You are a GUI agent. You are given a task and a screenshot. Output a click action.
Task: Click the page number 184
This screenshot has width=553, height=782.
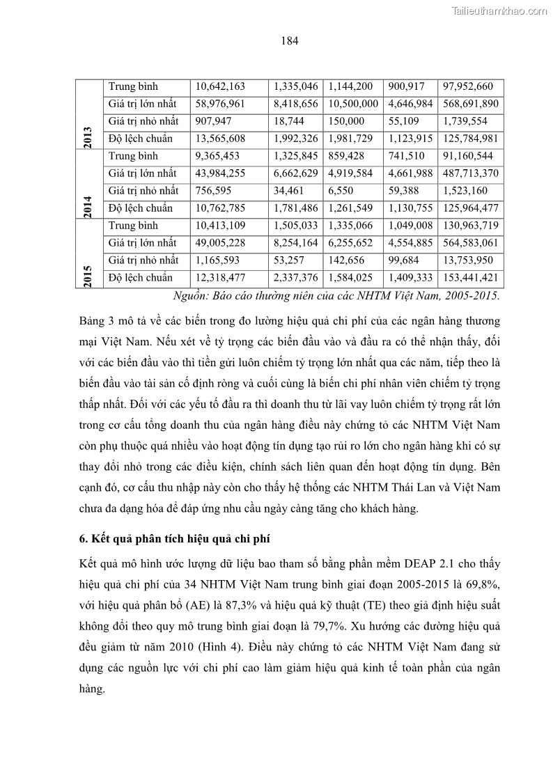click(x=290, y=40)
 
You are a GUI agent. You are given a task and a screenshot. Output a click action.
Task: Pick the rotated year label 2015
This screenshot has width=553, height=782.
click(x=89, y=274)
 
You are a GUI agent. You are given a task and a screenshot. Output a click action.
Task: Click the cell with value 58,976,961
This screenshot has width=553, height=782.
click(x=220, y=104)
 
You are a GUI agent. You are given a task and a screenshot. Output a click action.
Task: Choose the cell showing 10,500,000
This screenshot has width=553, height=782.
click(x=352, y=104)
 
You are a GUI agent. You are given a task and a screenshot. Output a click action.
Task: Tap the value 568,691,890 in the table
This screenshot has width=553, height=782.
click(x=470, y=104)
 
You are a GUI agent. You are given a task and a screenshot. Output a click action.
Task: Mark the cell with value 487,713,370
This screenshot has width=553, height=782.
click(x=470, y=173)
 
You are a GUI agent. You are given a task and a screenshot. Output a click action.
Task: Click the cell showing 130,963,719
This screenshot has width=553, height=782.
click(x=470, y=226)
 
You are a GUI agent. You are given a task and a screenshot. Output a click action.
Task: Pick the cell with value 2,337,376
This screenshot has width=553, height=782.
click(x=295, y=278)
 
